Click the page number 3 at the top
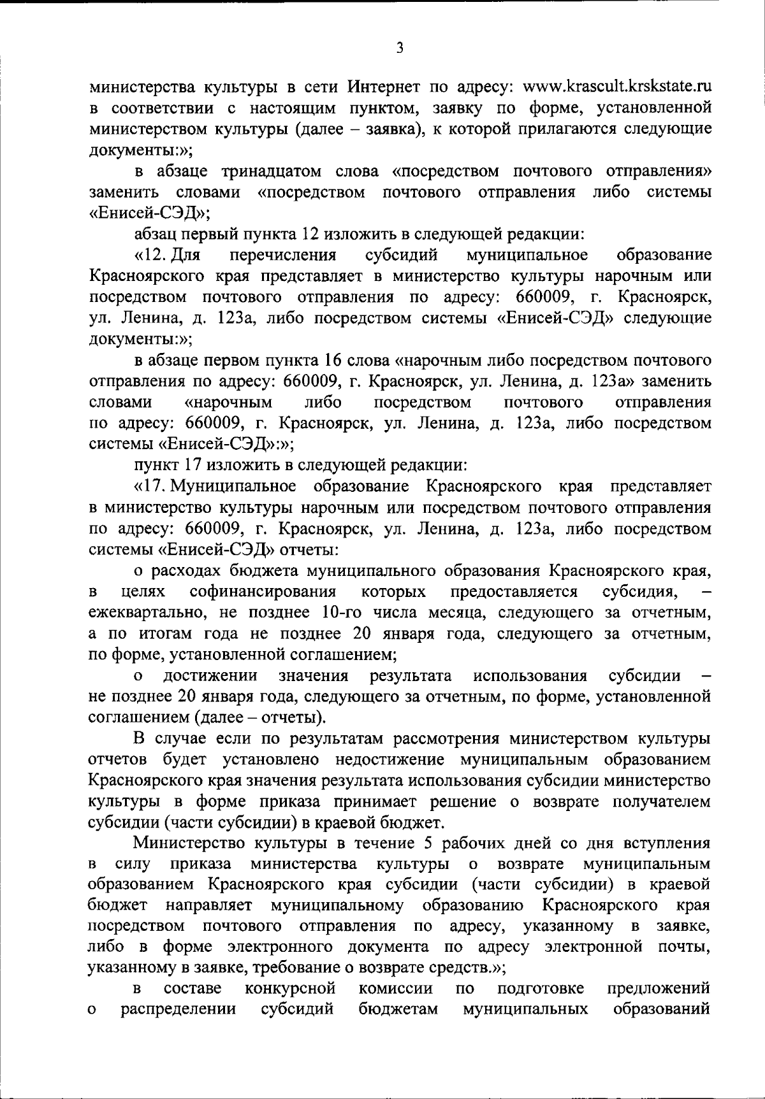click(x=400, y=48)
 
